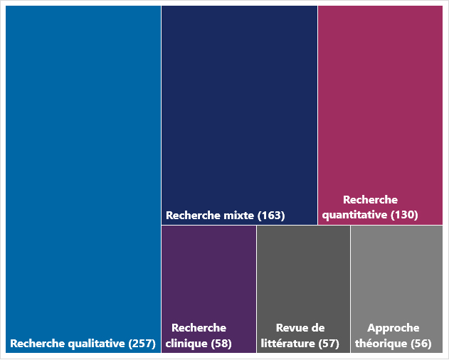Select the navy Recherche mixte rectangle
click(x=239, y=107)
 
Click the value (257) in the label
click(x=142, y=344)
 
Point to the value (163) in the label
click(x=271, y=216)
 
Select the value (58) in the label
click(x=221, y=344)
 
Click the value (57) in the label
click(x=329, y=344)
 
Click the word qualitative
click(x=95, y=344)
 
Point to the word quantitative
click(x=354, y=215)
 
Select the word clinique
click(x=186, y=344)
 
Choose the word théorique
click(x=381, y=344)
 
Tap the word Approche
click(x=393, y=328)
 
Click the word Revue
click(x=291, y=328)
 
